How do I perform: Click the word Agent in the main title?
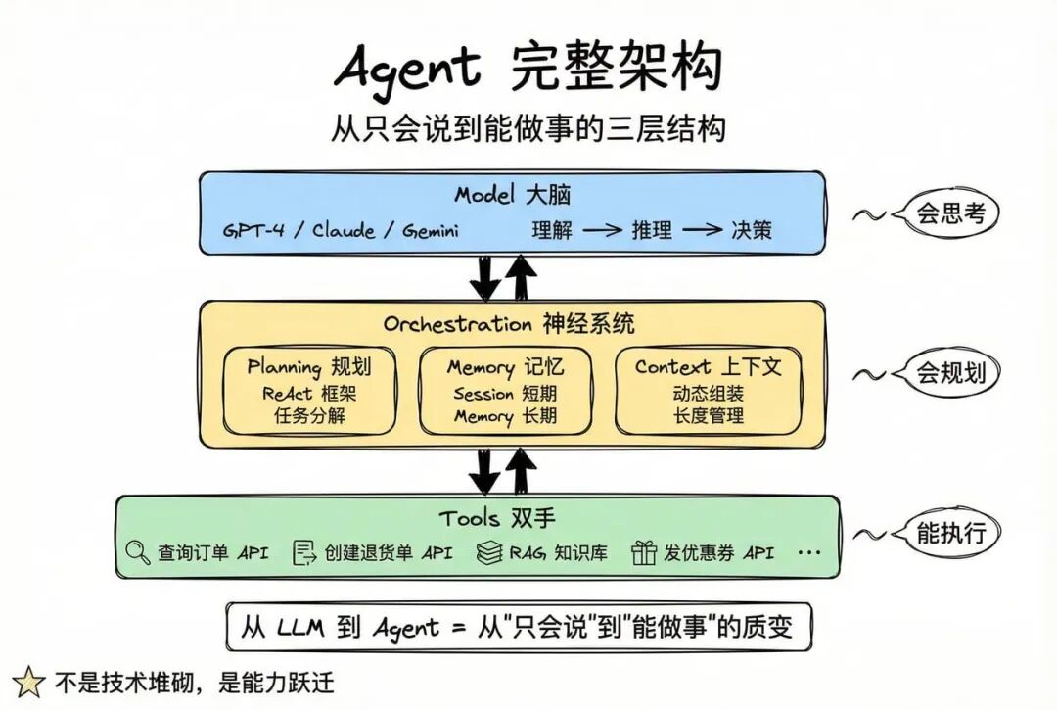408,70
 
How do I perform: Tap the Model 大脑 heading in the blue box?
512,194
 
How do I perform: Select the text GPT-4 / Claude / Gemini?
341,231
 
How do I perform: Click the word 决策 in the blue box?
752,231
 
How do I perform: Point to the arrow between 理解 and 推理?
604,231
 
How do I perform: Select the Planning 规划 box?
309,390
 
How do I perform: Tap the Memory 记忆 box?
505,390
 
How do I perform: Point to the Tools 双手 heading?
484,518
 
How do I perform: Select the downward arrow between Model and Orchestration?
484,276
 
